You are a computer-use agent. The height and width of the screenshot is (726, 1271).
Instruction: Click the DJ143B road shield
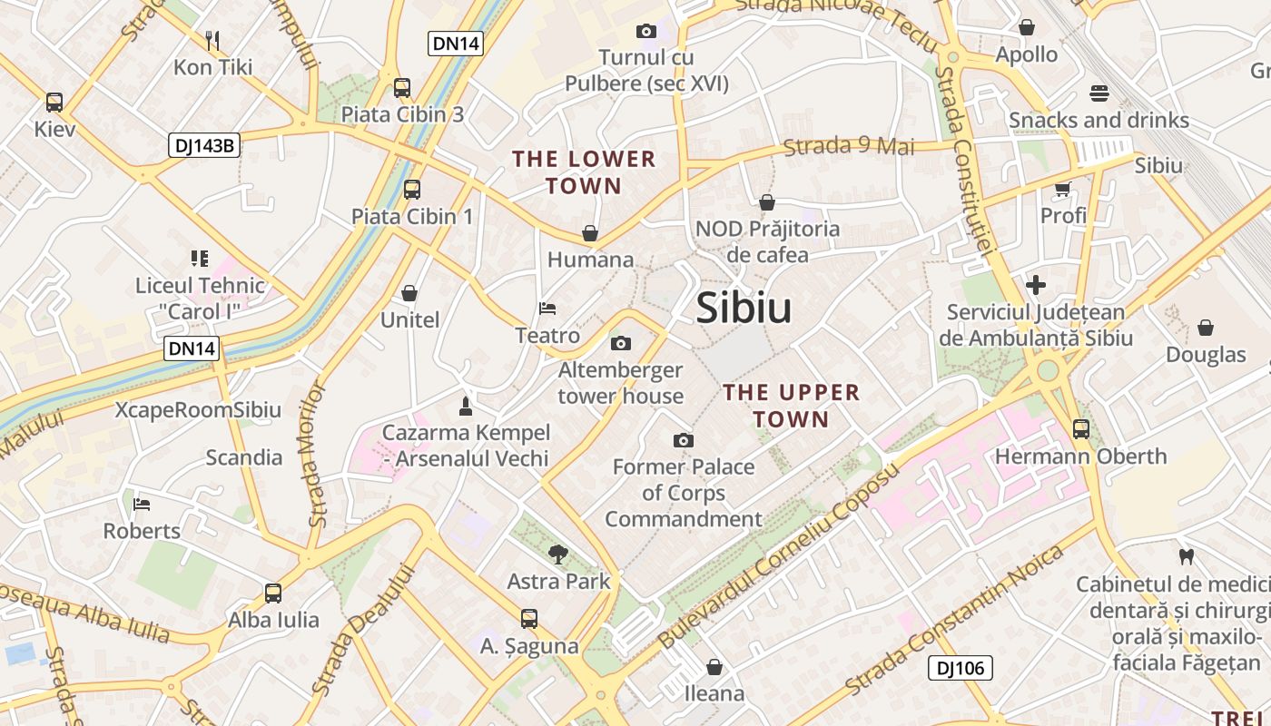pos(204,145)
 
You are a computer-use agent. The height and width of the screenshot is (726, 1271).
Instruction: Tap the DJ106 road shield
pos(960,669)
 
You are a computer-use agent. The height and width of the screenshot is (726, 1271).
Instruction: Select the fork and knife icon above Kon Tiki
pos(212,40)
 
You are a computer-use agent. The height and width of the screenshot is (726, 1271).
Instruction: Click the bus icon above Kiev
pos(54,102)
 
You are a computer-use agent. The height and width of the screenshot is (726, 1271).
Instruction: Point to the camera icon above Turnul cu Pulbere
pos(646,31)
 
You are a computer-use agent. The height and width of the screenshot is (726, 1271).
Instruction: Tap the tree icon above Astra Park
pos(558,554)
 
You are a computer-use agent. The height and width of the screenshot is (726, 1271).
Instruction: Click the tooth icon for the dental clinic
pos(1185,555)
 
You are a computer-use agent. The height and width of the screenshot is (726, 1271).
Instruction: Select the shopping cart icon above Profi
pos(1063,189)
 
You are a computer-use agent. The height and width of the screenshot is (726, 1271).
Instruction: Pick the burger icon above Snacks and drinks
pos(1099,93)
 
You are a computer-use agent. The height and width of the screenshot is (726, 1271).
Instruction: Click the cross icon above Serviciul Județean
pos(1036,285)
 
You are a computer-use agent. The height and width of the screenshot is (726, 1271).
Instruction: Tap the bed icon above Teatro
pos(547,309)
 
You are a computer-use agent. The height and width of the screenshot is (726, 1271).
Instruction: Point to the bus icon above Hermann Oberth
pos(1080,429)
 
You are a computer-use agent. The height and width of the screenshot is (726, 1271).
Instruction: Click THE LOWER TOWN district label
pos(584,172)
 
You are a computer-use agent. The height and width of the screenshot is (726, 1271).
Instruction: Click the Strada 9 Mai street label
pos(848,146)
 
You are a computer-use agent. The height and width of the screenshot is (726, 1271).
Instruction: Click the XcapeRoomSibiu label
pos(198,410)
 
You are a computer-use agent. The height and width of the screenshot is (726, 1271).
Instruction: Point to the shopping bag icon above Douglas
pos(1206,327)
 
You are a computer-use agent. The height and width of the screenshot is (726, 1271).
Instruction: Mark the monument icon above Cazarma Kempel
pos(466,405)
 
